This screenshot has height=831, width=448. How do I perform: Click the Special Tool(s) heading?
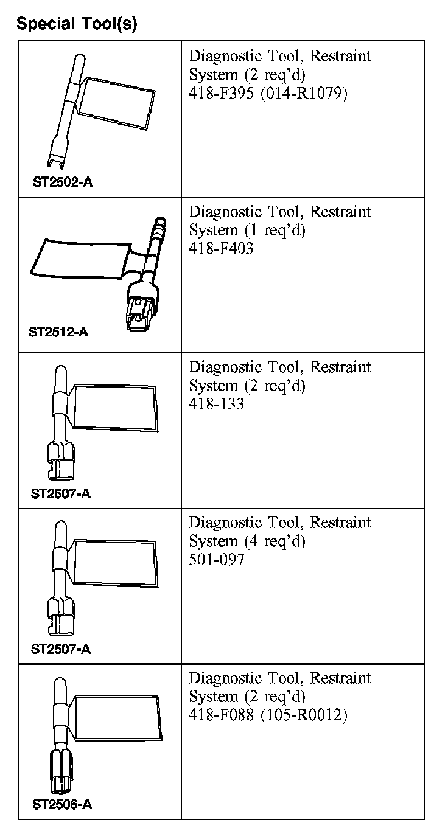pyautogui.click(x=77, y=24)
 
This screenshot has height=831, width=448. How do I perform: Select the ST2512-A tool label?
pyautogui.click(x=58, y=333)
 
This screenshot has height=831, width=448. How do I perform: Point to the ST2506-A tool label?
pyautogui.click(x=61, y=804)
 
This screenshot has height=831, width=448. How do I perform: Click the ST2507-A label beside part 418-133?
pyautogui.click(x=61, y=493)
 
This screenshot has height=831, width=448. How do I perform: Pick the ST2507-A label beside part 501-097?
pyautogui.click(x=61, y=648)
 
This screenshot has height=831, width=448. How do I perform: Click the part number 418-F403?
pyautogui.click(x=221, y=249)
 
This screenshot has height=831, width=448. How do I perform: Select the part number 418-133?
pyautogui.click(x=217, y=404)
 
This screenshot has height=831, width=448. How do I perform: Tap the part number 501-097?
pyautogui.click(x=217, y=559)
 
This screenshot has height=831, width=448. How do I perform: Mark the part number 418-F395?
pyautogui.click(x=221, y=94)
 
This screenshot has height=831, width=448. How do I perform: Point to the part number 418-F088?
pyautogui.click(x=221, y=715)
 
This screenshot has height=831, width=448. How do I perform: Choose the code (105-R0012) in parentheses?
pyautogui.click(x=304, y=715)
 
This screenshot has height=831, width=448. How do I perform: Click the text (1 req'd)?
pyautogui.click(x=275, y=231)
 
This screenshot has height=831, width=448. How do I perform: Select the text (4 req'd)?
pyautogui.click(x=275, y=541)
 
